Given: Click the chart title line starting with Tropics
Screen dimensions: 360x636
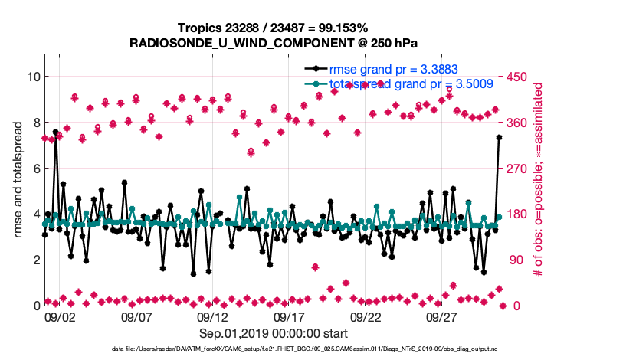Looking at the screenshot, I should (273, 28).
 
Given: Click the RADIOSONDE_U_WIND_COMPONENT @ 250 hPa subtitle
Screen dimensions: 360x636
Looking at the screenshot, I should (273, 42).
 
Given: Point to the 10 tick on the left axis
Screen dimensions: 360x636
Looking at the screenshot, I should (33, 77).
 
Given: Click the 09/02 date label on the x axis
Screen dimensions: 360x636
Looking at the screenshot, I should (60, 316).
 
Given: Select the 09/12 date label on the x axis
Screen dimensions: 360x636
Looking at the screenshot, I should (213, 316).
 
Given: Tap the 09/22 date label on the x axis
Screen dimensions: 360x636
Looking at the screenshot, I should (366, 316).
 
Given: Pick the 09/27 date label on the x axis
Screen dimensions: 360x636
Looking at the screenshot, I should (442, 316).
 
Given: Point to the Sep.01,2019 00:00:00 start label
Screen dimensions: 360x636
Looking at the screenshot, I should (274, 333).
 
